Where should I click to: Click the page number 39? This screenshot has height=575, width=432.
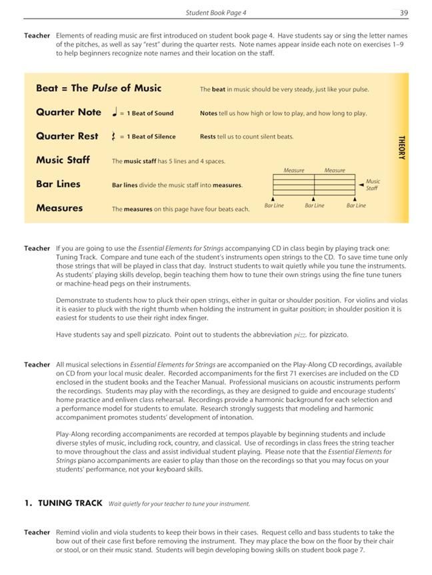[x=403, y=13]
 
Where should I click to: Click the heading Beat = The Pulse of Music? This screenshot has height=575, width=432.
[x=99, y=89]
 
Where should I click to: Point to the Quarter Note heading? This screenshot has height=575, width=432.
[x=69, y=112]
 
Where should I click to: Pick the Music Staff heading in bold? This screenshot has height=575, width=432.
[x=64, y=160]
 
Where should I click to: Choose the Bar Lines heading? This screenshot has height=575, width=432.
[x=58, y=184]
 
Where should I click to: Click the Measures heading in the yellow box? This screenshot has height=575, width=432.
[x=59, y=208]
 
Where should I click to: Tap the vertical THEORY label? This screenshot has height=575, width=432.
[x=401, y=147]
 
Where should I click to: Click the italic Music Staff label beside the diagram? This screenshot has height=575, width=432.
[x=373, y=184]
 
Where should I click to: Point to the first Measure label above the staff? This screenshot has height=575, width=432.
[x=294, y=170]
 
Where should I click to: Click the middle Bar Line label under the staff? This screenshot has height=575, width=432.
[x=315, y=206]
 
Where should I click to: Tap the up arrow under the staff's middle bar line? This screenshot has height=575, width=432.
[x=314, y=198]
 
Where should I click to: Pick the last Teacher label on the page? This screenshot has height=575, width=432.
[x=37, y=532]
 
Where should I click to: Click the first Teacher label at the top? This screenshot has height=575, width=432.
[x=37, y=35]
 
